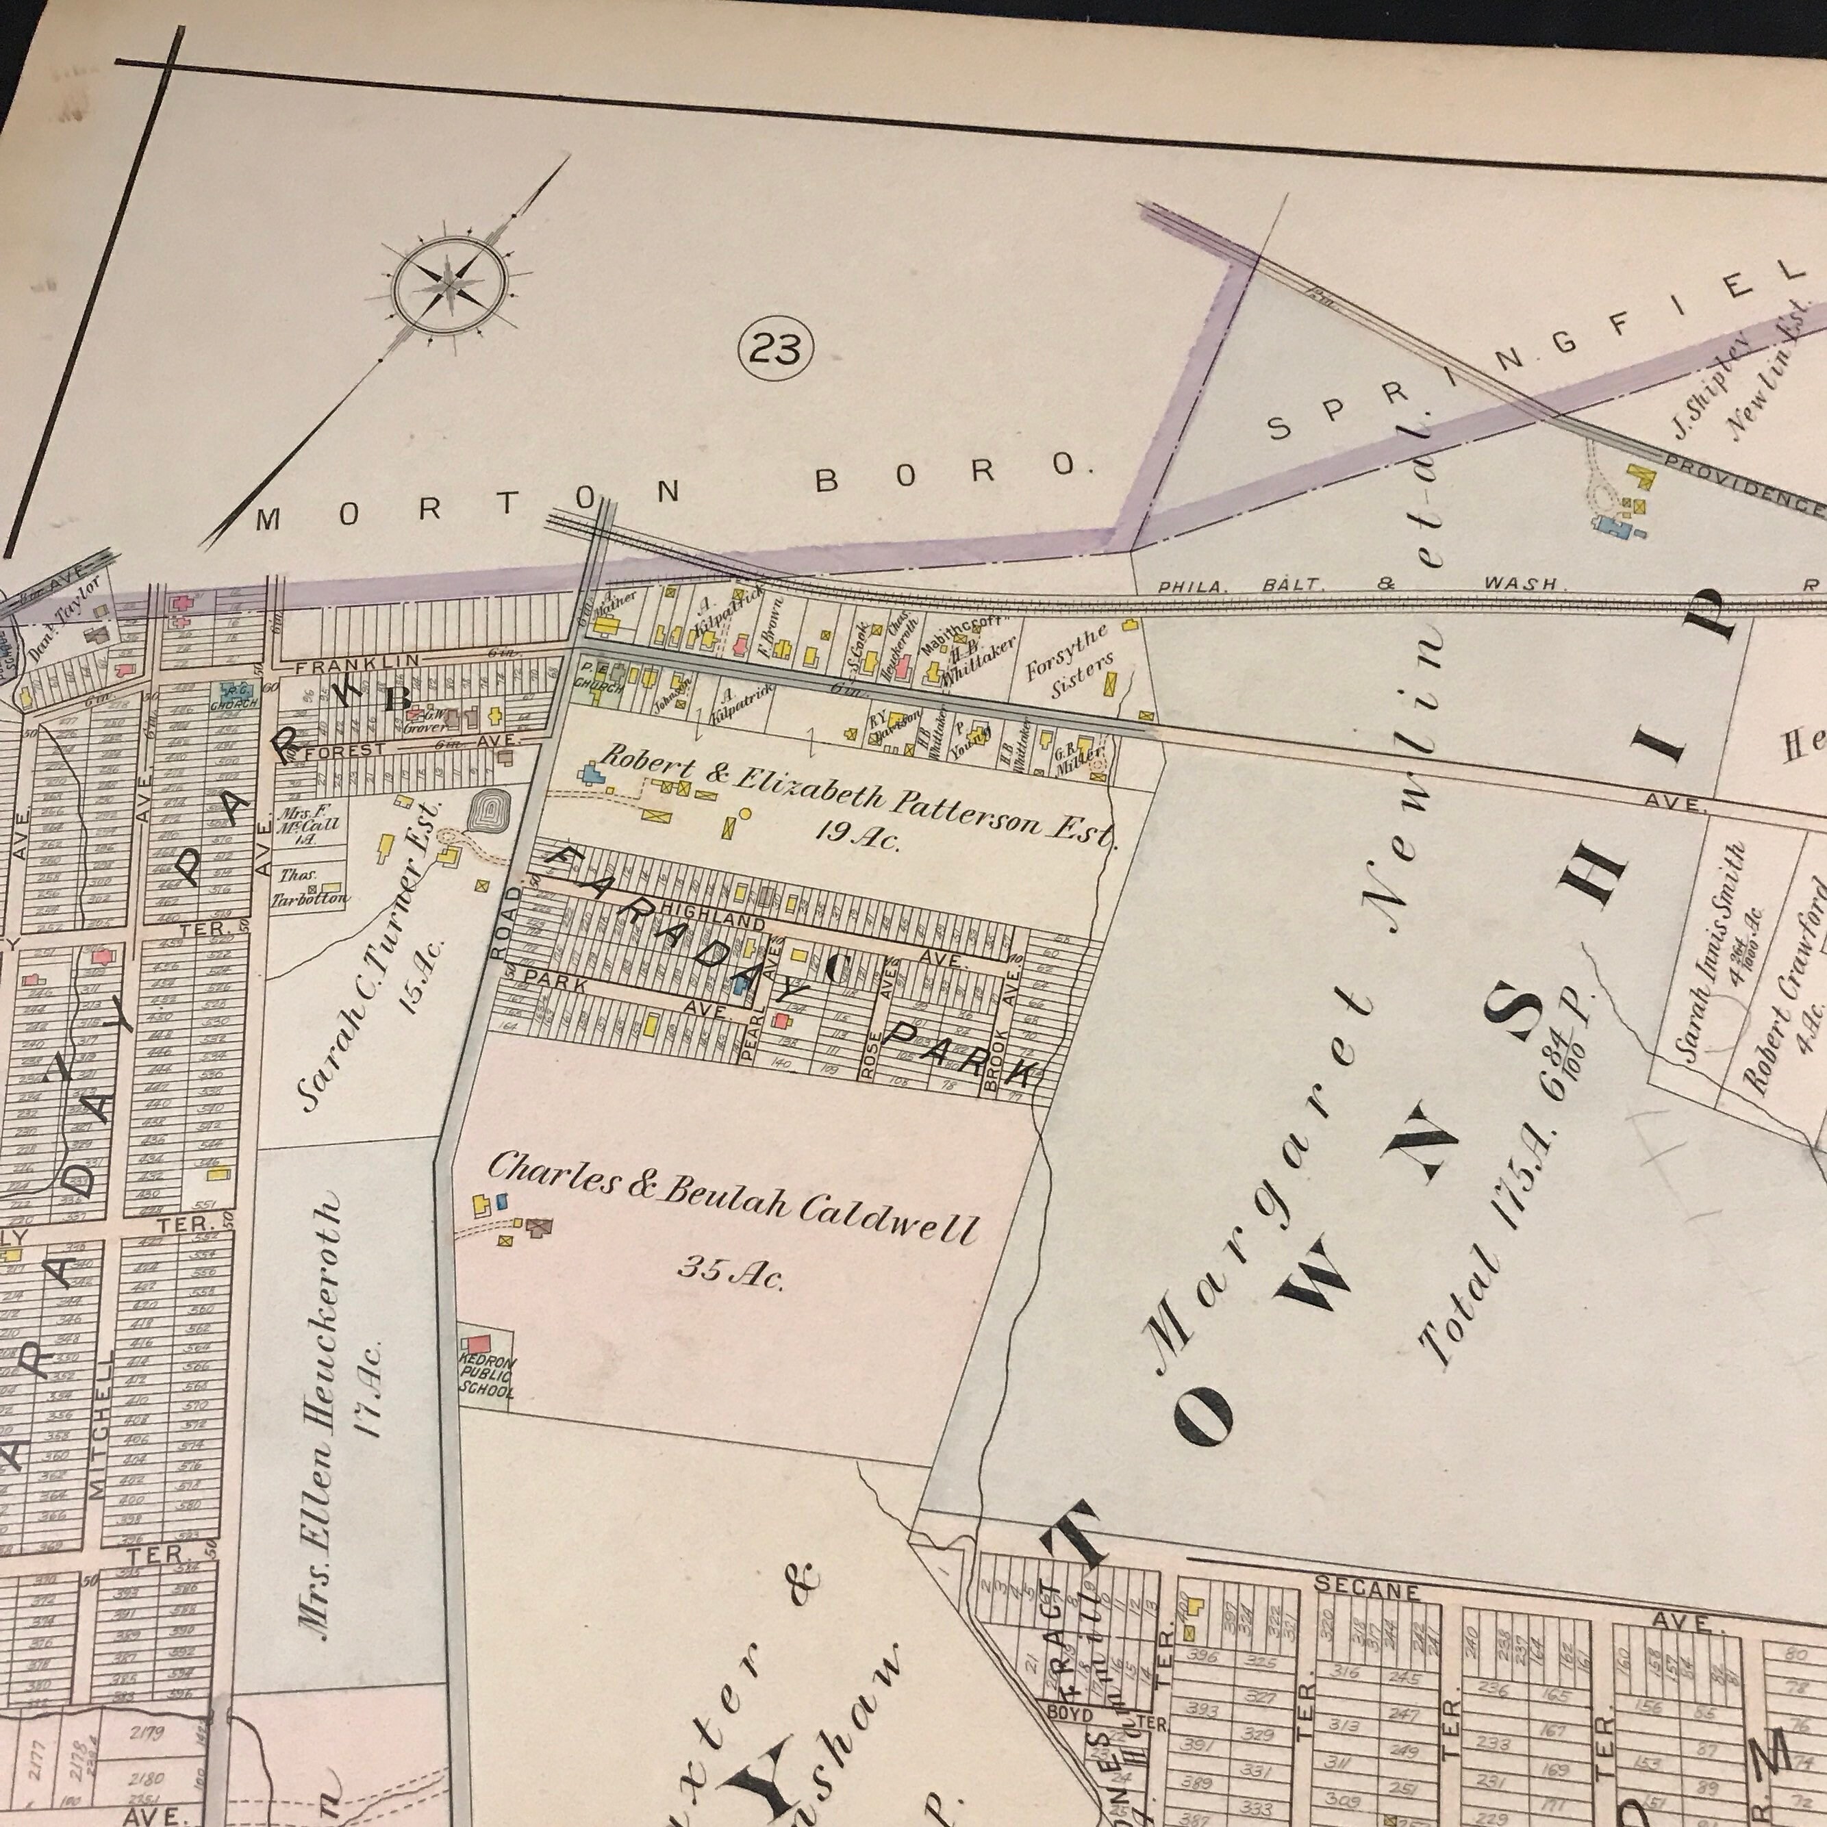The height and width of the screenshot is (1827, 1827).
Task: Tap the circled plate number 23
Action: pyautogui.click(x=775, y=351)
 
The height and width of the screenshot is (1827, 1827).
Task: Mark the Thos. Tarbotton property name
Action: pyautogui.click(x=308, y=887)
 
